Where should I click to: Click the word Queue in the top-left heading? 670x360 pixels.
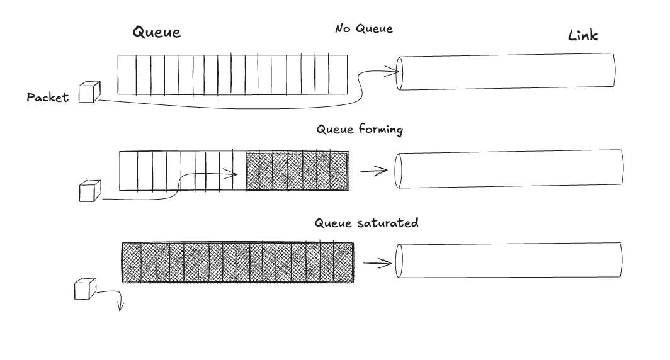click(x=157, y=33)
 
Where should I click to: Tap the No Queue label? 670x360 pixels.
click(x=363, y=29)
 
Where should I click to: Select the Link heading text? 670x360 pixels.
click(x=582, y=36)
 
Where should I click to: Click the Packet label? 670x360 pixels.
click(x=47, y=98)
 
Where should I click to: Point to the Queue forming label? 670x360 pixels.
click(x=360, y=130)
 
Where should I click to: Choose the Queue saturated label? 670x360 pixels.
click(x=366, y=223)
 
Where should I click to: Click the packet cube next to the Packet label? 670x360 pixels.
click(x=89, y=92)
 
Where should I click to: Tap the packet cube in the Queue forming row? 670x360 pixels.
click(x=90, y=190)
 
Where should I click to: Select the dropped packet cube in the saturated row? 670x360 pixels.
click(x=86, y=289)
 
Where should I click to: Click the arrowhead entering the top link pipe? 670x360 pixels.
click(x=396, y=72)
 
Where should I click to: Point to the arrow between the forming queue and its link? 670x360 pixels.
click(x=373, y=171)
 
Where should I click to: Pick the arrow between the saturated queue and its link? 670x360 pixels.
click(x=377, y=264)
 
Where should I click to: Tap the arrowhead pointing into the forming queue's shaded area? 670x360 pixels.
click(x=234, y=174)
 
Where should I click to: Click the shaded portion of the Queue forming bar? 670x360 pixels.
click(x=297, y=171)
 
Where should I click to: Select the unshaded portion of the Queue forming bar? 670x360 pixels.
click(x=183, y=171)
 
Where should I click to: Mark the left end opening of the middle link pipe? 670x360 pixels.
click(x=398, y=170)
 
